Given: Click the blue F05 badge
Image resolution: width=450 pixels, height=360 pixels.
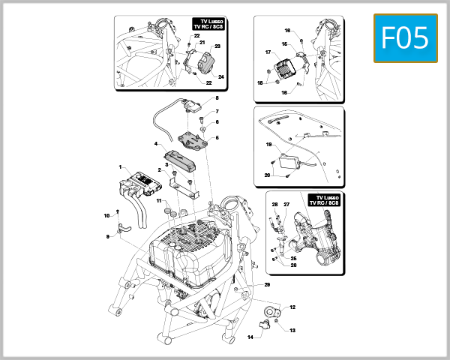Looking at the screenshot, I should tap(405, 37).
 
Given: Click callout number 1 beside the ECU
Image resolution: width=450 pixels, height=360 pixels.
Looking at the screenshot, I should tap(120, 166).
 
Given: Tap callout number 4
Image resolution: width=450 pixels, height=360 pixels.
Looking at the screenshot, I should tap(156, 144).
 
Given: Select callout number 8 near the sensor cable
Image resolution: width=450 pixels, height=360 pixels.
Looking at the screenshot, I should tap(217, 98).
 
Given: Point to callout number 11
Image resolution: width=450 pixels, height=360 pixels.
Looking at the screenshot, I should tap(159, 201).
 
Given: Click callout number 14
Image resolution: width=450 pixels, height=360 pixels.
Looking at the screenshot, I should tap(251, 337).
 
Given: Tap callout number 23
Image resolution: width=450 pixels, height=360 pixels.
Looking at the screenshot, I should tap(217, 46).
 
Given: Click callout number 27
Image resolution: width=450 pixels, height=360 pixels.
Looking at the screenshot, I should tap(286, 205).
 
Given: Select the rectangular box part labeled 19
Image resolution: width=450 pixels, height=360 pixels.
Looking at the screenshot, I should tap(286, 160).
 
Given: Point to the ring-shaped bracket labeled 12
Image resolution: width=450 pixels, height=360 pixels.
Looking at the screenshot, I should tap(271, 310).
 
